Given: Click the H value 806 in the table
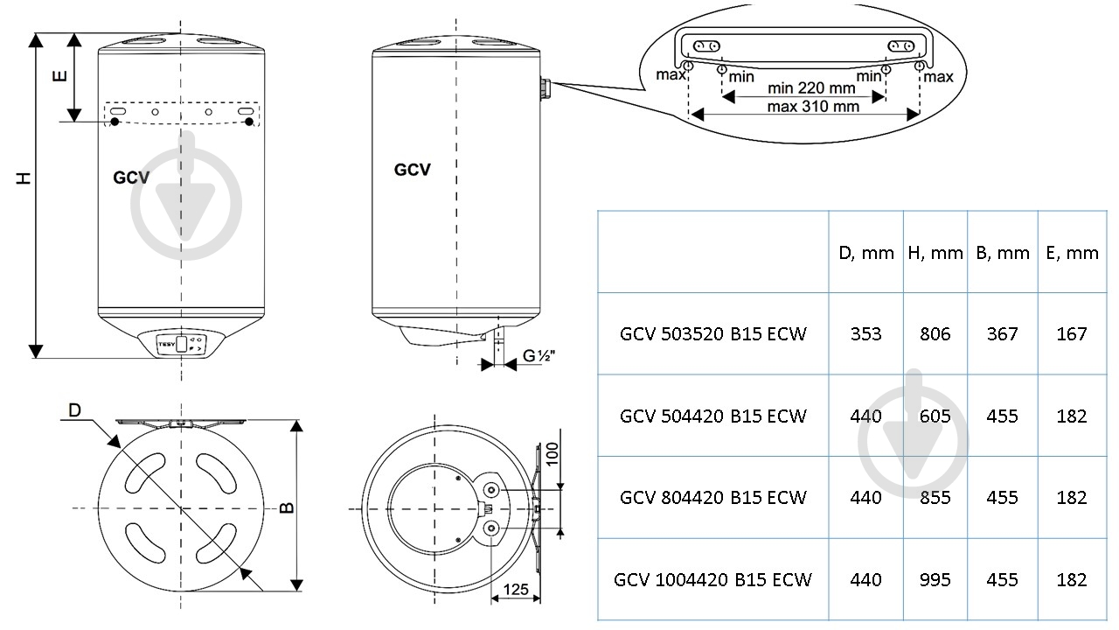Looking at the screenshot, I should coord(935,333).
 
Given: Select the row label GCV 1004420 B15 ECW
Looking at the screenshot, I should coord(712,579).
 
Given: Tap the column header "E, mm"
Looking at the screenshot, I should coord(1071,253).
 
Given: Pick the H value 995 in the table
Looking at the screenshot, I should coord(935,579).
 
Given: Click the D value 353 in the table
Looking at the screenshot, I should coord(865,333).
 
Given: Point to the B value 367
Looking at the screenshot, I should coord(1002,333).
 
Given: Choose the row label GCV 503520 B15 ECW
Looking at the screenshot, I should coord(712,333).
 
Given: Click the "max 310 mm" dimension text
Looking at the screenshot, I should coord(812,106).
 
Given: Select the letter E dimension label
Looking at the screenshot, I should coord(59,75).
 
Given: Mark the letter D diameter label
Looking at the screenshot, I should coord(75,410).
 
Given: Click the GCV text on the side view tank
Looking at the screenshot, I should coord(412,170).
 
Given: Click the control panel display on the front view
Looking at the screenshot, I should coord(182,343).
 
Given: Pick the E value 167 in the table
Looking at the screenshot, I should coord(1071,333).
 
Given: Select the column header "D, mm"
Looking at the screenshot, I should coord(865,253).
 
